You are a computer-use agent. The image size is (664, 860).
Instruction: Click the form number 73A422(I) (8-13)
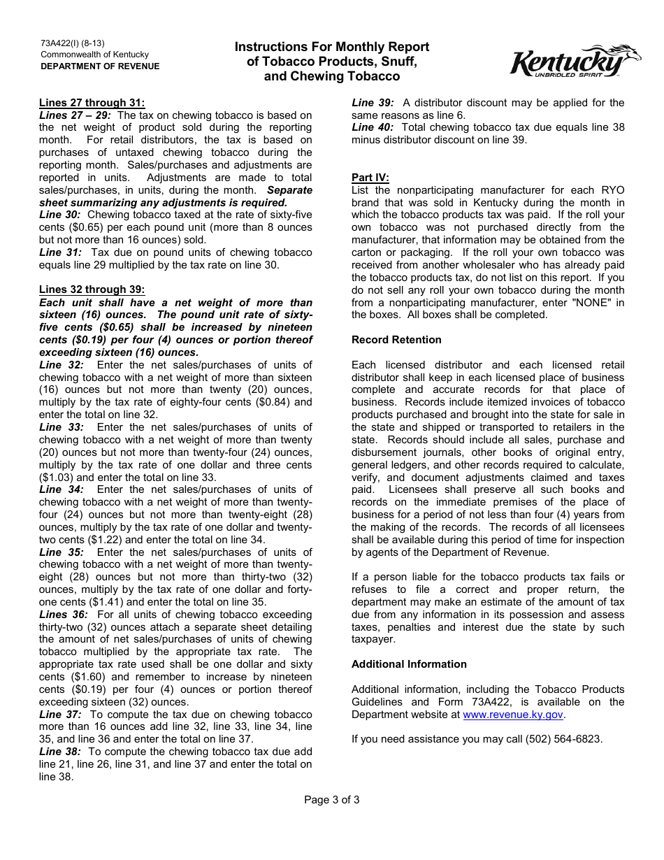tap(73, 43)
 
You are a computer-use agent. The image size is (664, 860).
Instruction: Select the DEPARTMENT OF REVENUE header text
tap(100, 66)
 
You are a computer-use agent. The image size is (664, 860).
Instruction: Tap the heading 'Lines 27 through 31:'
tap(92, 103)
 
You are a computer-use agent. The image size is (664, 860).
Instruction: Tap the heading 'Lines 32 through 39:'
tap(92, 290)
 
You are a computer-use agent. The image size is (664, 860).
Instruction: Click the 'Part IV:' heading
tap(370, 178)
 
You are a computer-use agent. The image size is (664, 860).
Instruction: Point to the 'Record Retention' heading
tap(396, 340)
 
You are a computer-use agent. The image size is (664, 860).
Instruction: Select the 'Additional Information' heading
tap(409, 664)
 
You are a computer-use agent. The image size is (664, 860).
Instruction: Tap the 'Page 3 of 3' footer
tap(332, 800)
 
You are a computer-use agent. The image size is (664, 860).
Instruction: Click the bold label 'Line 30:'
tap(60, 215)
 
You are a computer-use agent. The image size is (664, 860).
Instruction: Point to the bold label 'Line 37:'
tap(60, 715)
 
